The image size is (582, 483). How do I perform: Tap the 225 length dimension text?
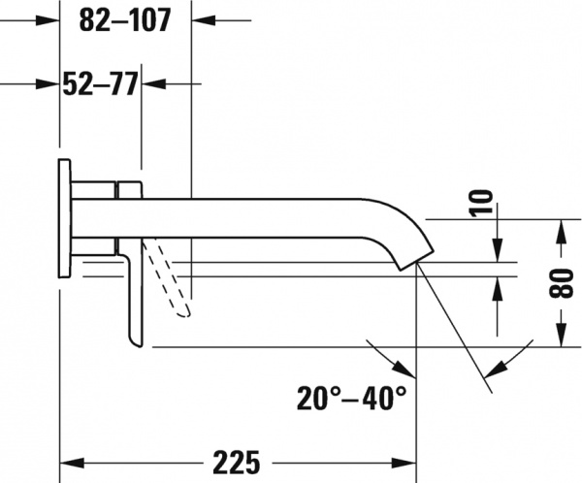[x=237, y=459]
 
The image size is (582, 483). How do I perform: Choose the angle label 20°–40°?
[x=351, y=398]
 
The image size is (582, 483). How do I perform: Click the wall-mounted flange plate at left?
[x=64, y=219]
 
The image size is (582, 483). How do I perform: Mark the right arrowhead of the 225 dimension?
[x=404, y=459]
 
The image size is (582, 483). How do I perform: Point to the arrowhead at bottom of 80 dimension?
[x=562, y=339]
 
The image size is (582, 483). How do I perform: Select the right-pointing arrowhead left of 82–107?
[x=49, y=19]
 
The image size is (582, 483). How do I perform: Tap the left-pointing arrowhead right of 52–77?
[x=152, y=85]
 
